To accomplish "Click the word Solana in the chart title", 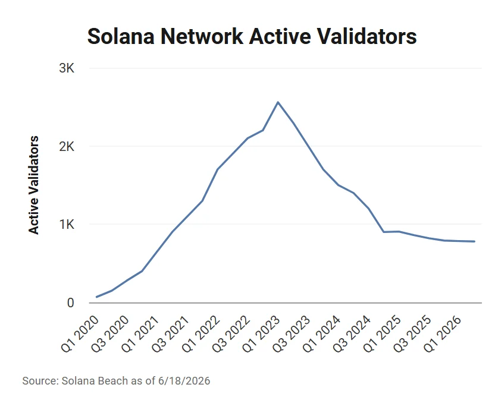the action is (121, 36).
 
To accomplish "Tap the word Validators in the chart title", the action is (366, 36).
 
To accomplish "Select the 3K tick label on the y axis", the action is (67, 68).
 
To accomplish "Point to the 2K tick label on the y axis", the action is (67, 146).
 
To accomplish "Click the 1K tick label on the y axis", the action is (67, 224).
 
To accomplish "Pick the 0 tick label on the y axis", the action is (70, 303).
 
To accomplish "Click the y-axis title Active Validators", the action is (34, 185).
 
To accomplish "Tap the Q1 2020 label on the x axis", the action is (80, 335).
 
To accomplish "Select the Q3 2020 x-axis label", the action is (111, 335).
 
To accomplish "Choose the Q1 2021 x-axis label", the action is (141, 335).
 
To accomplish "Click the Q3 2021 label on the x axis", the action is (171, 335).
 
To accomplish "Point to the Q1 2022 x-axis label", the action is (201, 335).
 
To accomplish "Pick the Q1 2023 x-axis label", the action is (261, 335).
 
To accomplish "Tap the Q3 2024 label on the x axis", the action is (352, 335).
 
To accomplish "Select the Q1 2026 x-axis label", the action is (443, 335).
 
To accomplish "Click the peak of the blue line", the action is (278, 102).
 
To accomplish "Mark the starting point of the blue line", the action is (96, 297).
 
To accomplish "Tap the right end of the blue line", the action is (475, 242).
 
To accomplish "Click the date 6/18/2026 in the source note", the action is (184, 381).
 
